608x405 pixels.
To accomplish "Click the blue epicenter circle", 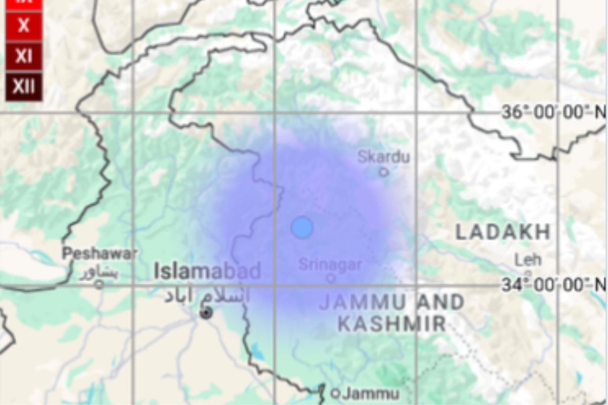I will pos(301,227).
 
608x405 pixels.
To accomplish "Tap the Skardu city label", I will pos(384,157).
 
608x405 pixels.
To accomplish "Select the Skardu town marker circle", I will pos(384,172).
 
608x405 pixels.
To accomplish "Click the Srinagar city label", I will pos(330,264).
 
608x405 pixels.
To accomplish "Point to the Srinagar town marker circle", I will pos(330,278).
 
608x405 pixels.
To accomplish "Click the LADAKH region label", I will pos(503,232).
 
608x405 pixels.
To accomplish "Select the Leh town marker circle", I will pos(527,273).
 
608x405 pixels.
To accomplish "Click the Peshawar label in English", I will pos(100,254).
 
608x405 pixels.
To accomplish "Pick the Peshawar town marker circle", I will pos(99,285).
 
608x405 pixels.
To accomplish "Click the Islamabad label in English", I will pos(208,271).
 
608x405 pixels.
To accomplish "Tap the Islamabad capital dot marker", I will pos(206,313).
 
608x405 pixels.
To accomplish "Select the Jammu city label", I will pos(371,393).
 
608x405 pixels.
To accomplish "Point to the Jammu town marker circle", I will pos(335,393).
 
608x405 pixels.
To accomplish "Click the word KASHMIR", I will pos(392,323).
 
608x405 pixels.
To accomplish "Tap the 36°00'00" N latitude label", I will pos(553,112).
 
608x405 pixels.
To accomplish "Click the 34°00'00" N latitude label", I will pos(553,285).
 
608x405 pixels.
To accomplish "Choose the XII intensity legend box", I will pos(24,87).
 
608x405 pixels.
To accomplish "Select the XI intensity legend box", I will pos(24,56).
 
